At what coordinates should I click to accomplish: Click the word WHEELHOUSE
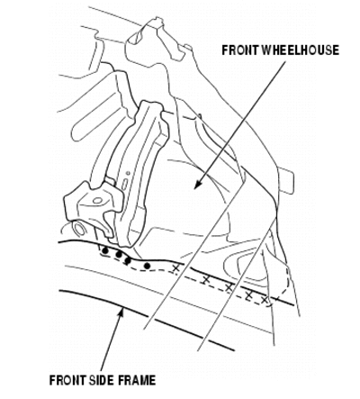[301, 50]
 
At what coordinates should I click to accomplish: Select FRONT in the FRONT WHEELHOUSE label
[240, 50]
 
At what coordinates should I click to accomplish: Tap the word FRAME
[137, 380]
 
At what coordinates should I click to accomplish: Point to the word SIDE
[102, 380]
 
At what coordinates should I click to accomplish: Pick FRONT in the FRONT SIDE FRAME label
[67, 380]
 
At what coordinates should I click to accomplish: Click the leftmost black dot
[104, 250]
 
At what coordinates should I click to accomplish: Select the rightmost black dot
[147, 266]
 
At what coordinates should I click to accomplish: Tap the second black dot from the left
[119, 255]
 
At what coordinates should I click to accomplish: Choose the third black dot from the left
[128, 260]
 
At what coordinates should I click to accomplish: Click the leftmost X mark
[176, 269]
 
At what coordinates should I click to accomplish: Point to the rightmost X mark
[265, 300]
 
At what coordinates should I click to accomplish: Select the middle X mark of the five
[229, 287]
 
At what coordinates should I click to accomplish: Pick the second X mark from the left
[206, 280]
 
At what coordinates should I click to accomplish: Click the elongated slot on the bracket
[125, 184]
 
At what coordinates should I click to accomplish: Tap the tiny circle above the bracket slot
[128, 173]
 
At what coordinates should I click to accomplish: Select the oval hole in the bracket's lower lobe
[96, 200]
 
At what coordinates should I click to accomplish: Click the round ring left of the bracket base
[79, 229]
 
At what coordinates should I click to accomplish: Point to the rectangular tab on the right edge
[285, 181]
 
